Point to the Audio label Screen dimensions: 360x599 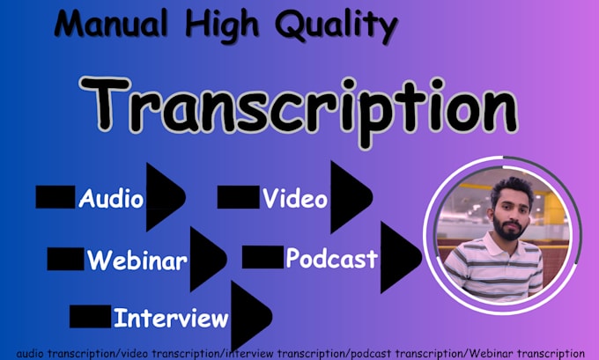pos(111,198)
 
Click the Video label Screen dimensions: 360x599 pos(295,199)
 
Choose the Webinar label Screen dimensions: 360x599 pos(137,260)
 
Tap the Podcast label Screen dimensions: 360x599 pos(331,259)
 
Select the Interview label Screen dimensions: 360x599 pos(170,317)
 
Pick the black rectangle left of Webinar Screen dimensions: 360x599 pos(65,259)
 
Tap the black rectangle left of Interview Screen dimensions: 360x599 pos(90,315)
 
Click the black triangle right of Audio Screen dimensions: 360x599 pos(166,196)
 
